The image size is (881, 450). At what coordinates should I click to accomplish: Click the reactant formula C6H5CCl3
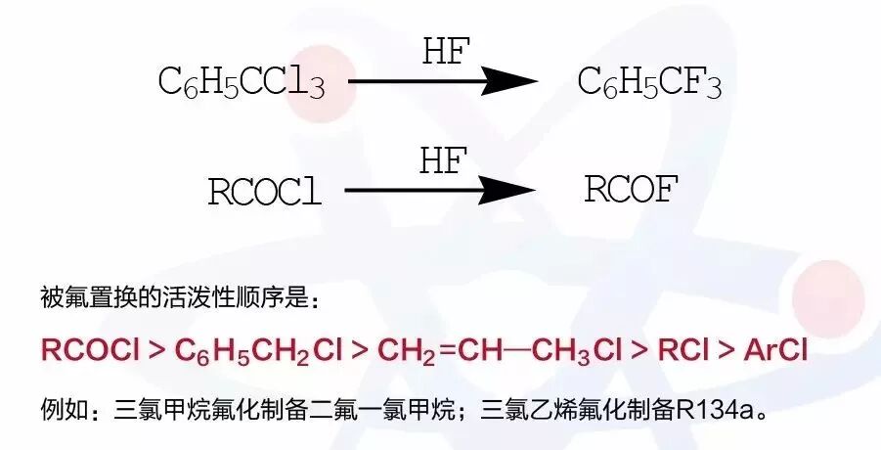(x=241, y=83)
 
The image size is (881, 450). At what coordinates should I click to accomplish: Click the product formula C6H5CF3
(x=649, y=83)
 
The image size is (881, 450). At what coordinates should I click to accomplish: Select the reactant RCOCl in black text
(x=264, y=191)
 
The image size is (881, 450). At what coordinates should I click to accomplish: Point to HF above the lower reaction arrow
(x=445, y=159)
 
